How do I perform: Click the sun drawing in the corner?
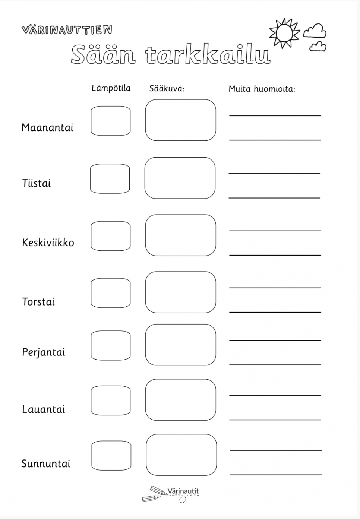(x=285, y=33)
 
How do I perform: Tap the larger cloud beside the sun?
(x=315, y=31)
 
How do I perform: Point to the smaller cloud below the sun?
(x=318, y=47)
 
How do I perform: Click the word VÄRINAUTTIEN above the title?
(x=67, y=30)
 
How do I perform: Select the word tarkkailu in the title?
(x=208, y=55)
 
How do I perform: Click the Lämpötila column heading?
(x=111, y=88)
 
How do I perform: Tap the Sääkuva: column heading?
(x=167, y=89)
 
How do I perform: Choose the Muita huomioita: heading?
(x=262, y=89)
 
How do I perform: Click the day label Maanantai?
(x=47, y=128)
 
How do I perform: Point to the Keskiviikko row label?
(x=48, y=243)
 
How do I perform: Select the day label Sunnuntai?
(x=46, y=464)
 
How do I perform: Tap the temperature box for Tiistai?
(x=110, y=179)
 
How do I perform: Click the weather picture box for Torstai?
(x=180, y=292)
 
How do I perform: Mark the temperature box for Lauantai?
(x=111, y=401)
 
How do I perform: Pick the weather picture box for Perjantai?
(x=180, y=345)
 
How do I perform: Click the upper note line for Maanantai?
(x=275, y=115)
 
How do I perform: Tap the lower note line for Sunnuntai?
(x=276, y=474)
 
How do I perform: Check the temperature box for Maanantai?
(x=111, y=121)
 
